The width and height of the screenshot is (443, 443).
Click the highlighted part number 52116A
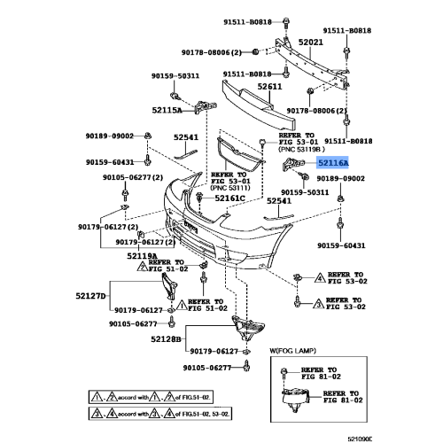click(x=333, y=163)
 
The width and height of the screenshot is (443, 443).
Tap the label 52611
click(x=269, y=86)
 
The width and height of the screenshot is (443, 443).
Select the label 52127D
click(x=89, y=295)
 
